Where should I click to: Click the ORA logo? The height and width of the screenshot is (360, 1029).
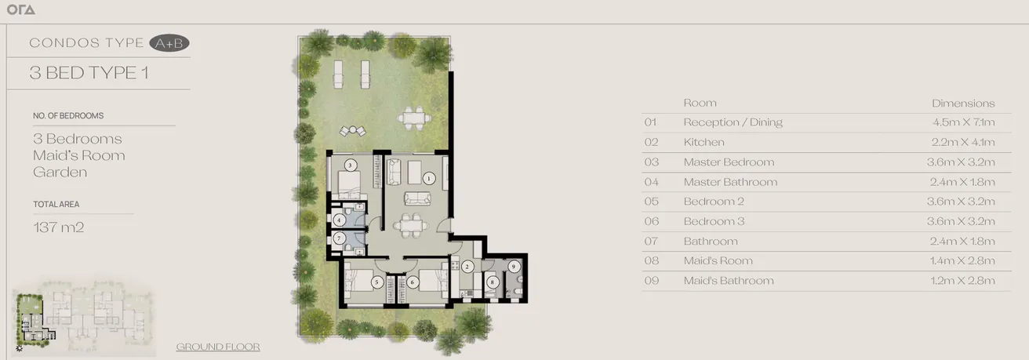pos(20,10)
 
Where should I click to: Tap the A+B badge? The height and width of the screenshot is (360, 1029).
pos(169,43)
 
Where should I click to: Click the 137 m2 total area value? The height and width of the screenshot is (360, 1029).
pos(58,227)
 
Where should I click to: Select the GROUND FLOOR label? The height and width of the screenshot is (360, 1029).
pos(218,347)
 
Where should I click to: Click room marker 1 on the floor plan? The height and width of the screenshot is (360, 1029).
pos(428,179)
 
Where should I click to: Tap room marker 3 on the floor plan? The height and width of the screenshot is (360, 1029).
pos(351,165)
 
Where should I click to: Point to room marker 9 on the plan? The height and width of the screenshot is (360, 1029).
pos(514,267)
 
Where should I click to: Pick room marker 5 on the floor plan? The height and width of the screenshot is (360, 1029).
pos(376,282)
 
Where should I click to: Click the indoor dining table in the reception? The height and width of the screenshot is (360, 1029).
pos(409,225)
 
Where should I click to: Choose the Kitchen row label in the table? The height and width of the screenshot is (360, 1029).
pos(704,142)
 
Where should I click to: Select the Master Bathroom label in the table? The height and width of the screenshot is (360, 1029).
pos(730,182)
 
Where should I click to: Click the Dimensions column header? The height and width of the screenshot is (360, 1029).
pos(963,103)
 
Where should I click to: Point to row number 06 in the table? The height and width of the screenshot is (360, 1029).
pos(650,221)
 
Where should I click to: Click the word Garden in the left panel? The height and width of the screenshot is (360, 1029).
pos(60,172)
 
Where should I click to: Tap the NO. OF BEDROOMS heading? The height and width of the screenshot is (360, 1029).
pos(68,115)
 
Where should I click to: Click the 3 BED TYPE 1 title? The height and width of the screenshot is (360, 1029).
pos(89,73)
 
